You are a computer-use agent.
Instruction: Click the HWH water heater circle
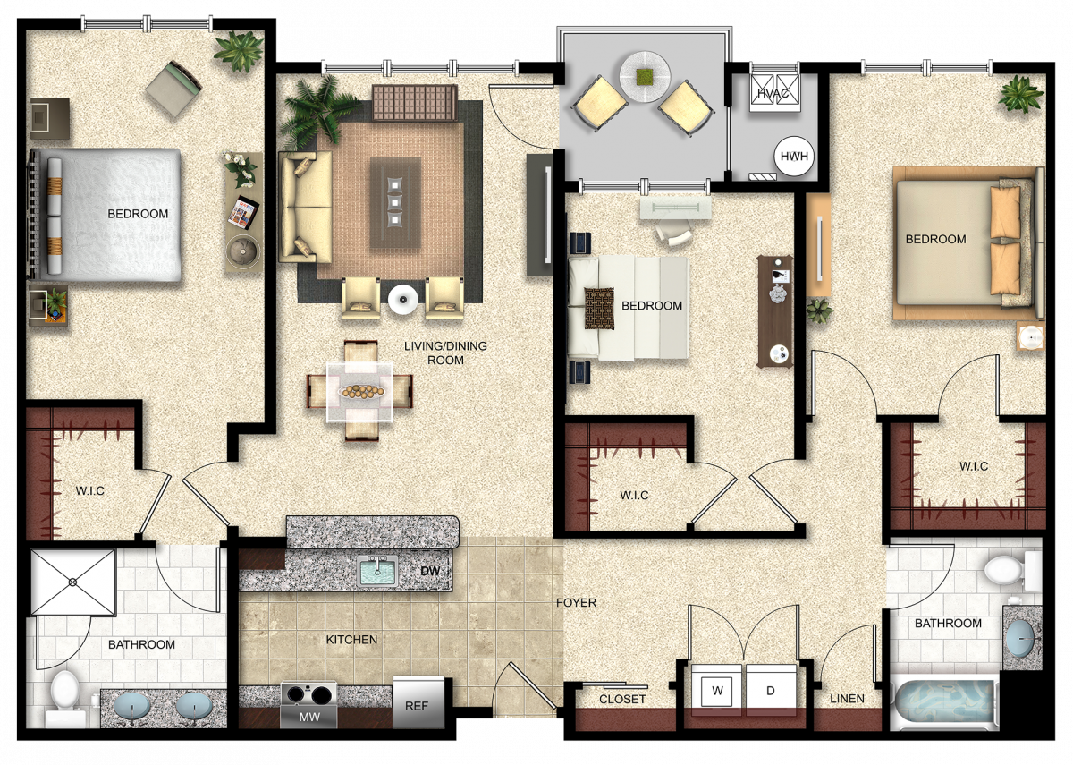tap(794, 157)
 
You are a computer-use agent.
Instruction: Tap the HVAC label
tap(773, 93)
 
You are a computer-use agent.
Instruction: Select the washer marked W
tap(717, 691)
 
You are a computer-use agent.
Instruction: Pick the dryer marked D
tap(771, 691)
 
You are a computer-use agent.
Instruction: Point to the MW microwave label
tap(309, 717)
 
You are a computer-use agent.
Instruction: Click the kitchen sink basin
tap(378, 571)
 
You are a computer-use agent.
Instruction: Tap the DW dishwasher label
tap(430, 571)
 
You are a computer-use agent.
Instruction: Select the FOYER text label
tap(576, 602)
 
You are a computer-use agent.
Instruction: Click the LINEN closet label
tap(847, 699)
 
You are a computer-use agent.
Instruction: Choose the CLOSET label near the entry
tap(622, 700)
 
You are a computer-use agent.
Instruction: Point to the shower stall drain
tap(72, 582)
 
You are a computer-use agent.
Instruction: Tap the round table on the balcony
tap(645, 77)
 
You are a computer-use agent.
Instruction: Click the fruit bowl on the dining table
tap(362, 392)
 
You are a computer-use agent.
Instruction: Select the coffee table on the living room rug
tap(395, 203)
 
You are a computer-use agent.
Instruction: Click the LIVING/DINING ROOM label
tap(445, 353)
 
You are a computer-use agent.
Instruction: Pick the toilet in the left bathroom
tap(64, 698)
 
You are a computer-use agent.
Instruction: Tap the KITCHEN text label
tap(351, 640)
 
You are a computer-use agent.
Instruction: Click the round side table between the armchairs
tap(403, 300)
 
